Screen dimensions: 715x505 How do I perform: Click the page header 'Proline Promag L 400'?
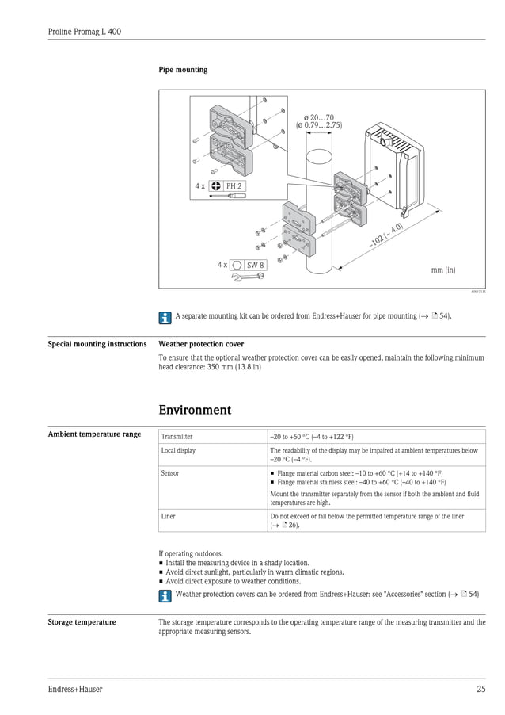pos(84,32)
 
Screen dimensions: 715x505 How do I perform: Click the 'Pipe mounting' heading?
pos(183,70)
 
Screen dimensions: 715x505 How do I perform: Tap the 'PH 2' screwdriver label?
pos(234,185)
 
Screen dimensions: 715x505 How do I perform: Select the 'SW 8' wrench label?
pos(254,265)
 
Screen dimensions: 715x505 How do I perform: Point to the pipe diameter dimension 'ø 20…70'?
pos(318,117)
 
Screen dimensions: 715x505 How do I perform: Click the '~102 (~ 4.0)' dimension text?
pos(385,235)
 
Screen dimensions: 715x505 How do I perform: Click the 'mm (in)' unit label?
pos(442,270)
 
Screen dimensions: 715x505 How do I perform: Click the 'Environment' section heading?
pos(195,410)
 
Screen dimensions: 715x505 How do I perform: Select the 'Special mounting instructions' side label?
pos(97,344)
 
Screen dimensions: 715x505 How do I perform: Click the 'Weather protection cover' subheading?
pos(201,344)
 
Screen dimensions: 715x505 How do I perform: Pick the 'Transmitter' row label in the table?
pos(177,437)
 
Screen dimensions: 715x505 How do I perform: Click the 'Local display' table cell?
pos(179,450)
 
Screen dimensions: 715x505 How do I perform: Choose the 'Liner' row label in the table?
pos(169,516)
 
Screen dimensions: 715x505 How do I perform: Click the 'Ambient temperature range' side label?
pos(94,434)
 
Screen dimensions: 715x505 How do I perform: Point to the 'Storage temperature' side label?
pos(82,622)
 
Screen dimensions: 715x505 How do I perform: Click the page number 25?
pos(480,690)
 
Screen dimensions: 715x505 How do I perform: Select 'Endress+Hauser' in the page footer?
pos(75,690)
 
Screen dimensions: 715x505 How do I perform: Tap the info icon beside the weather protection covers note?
pos(165,594)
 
